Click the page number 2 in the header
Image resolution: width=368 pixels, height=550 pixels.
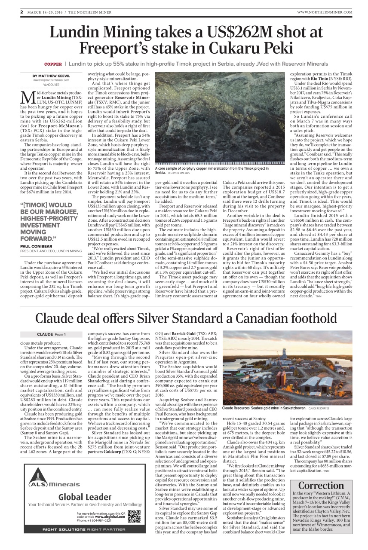(21, 12)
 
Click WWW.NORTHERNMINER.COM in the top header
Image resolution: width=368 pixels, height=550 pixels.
(324, 12)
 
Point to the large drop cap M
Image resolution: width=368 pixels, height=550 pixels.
(27, 97)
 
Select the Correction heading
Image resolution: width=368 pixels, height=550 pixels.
(321, 486)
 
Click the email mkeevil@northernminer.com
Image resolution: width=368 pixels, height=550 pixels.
(51, 80)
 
